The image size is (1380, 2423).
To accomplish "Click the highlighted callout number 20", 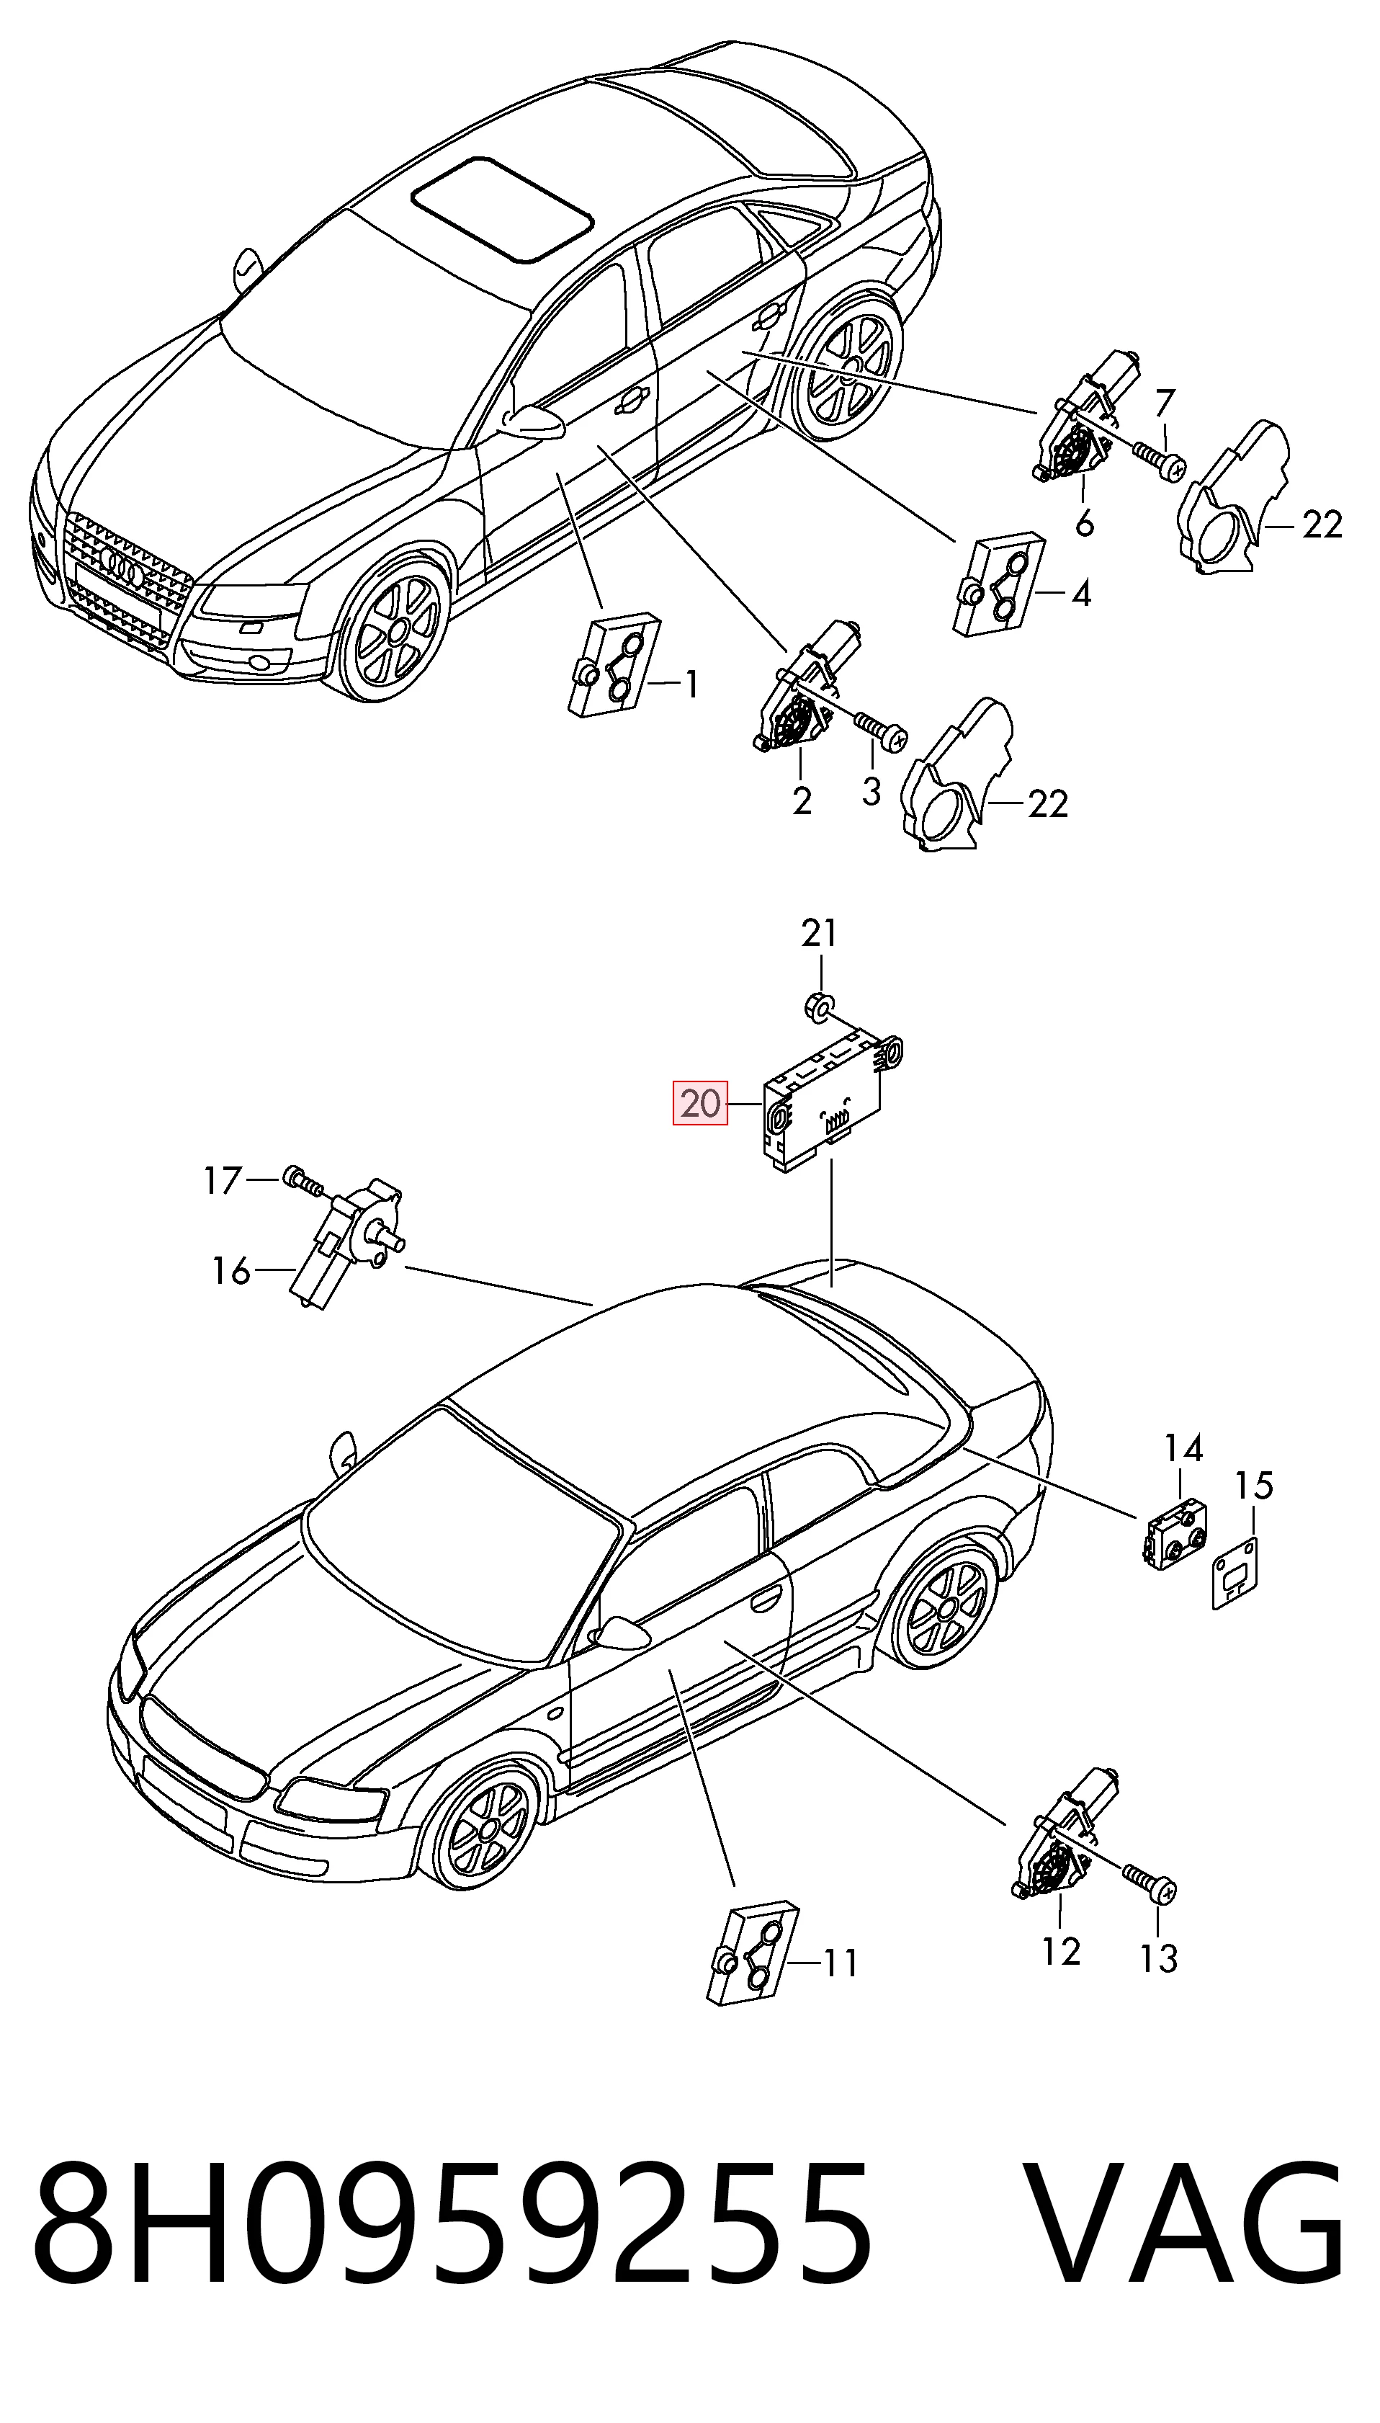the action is pyautogui.click(x=700, y=1104).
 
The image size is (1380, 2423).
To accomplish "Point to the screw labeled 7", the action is pyautogui.click(x=1158, y=460).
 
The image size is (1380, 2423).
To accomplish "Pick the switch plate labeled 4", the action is pyautogui.click(x=999, y=584).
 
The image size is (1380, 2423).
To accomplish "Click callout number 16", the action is pyautogui.click(x=230, y=1270).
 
